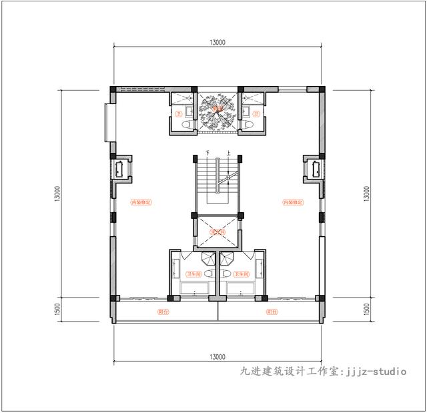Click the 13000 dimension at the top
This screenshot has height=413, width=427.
[x=217, y=41]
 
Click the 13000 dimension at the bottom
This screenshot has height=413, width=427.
[x=217, y=356]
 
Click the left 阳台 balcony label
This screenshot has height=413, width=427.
[x=162, y=312]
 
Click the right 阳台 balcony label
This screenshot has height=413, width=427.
[x=272, y=312]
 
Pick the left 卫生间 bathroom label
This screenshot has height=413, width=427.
[x=194, y=274]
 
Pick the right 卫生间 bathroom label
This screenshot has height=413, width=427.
[x=241, y=274]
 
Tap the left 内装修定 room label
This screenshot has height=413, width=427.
[x=141, y=201]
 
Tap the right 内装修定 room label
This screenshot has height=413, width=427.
[x=293, y=201]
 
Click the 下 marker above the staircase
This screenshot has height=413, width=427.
[x=207, y=153]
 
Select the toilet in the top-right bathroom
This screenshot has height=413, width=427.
[x=246, y=125]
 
